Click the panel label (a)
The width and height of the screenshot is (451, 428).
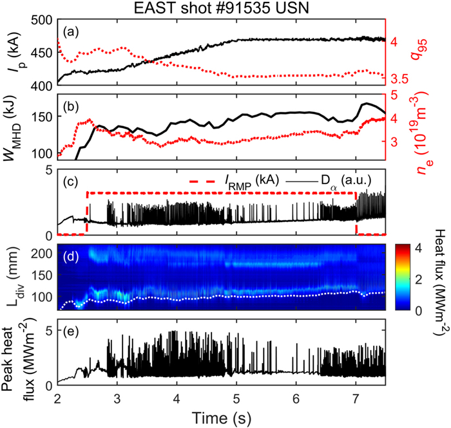coord(71,32)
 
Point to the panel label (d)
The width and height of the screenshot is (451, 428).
coord(71,256)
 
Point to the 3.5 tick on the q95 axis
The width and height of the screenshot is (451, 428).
coord(399,79)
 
